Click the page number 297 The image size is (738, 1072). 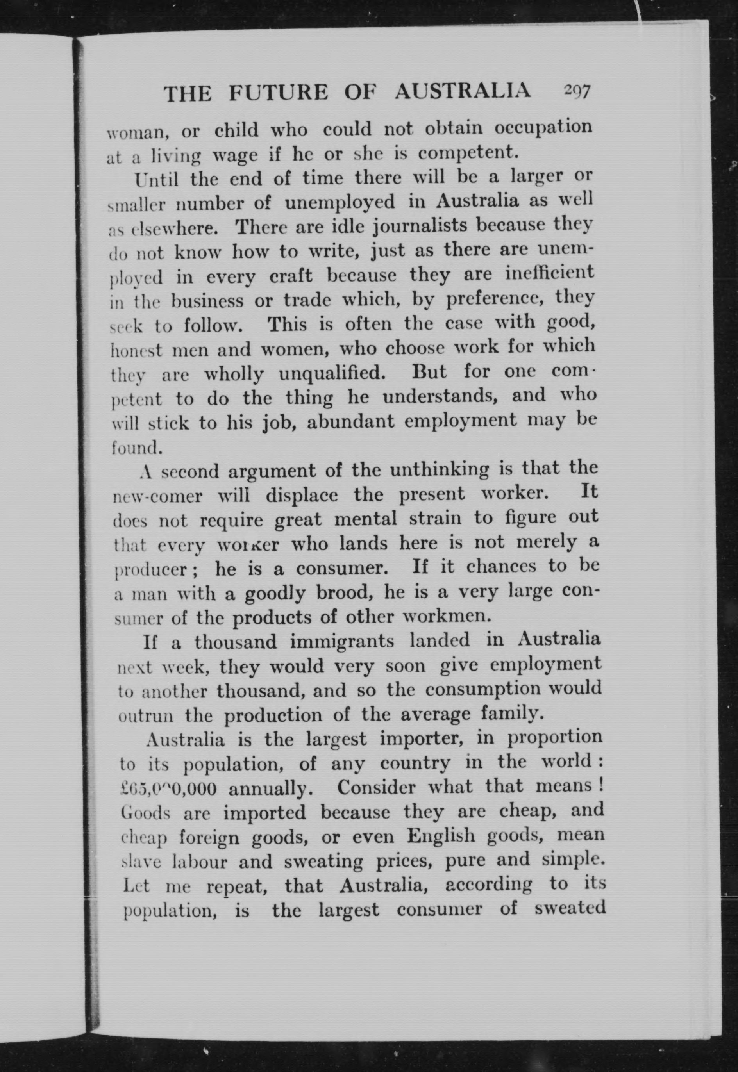(x=577, y=91)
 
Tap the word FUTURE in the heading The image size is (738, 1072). (x=279, y=93)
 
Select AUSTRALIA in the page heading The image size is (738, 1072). (x=463, y=91)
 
